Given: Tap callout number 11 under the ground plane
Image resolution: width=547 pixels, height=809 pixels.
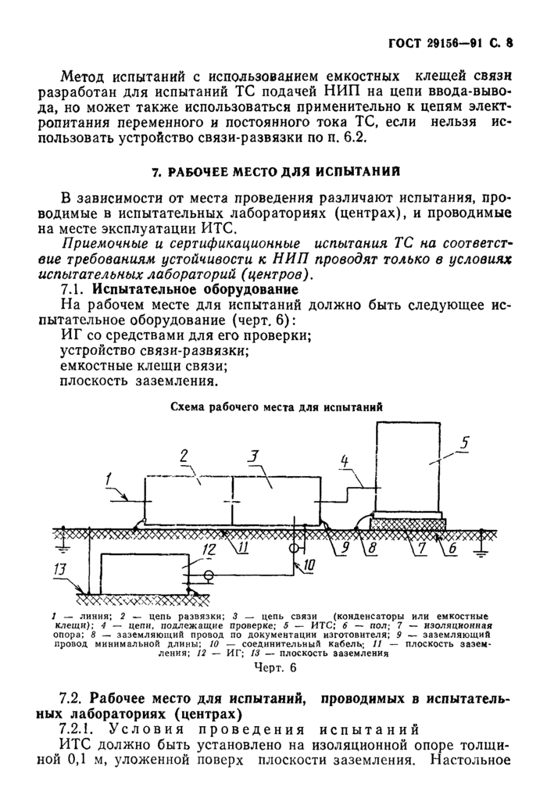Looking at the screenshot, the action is coord(244,548).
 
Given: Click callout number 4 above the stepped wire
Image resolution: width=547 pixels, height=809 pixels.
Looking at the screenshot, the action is coord(345,464).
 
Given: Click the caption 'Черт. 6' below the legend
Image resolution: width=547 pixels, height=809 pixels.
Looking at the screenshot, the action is coord(276,668).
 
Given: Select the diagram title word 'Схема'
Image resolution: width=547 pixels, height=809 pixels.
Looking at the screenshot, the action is coord(191,408).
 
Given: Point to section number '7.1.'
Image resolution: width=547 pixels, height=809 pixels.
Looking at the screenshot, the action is coord(75,288).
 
